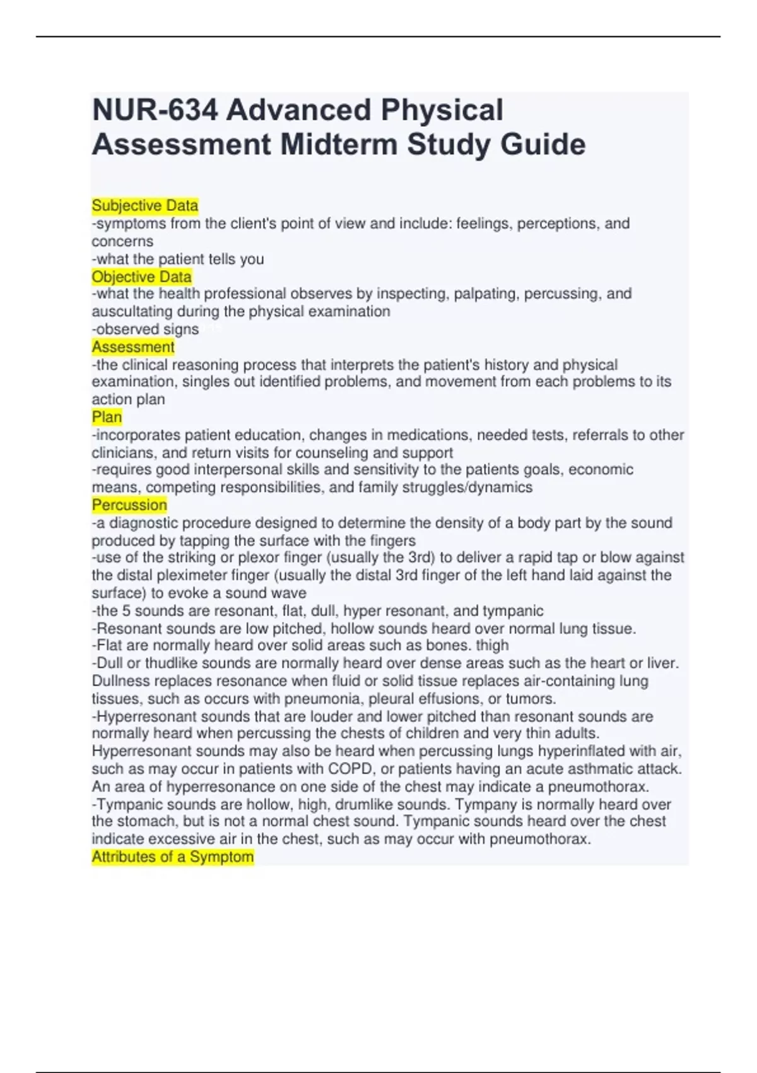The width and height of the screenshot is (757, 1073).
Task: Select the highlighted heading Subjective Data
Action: click(145, 206)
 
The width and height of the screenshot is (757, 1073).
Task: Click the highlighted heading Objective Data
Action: click(141, 276)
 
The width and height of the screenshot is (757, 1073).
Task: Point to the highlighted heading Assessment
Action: click(133, 347)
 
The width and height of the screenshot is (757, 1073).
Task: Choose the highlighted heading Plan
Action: click(107, 417)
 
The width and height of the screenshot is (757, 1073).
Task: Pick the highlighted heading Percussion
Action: click(129, 505)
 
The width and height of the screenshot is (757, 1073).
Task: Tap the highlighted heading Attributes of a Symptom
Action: click(173, 857)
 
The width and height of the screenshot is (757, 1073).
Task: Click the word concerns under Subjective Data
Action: click(122, 241)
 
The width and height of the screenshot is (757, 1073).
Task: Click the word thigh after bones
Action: click(493, 645)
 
